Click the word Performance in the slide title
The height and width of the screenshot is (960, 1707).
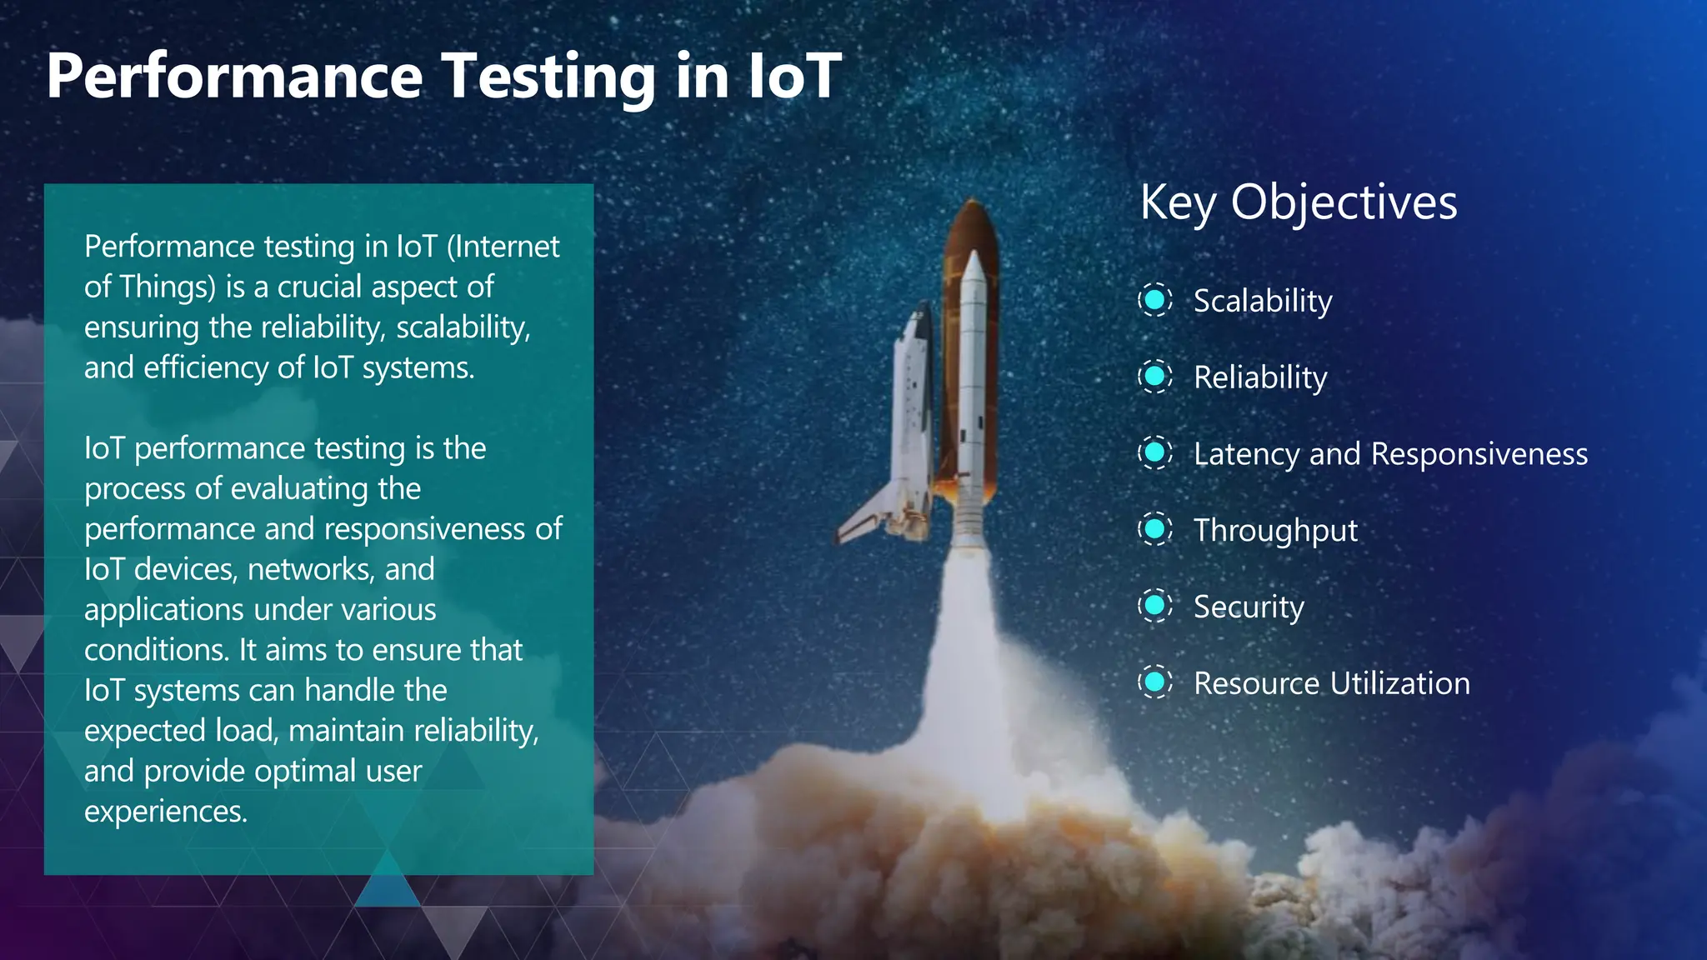(235, 77)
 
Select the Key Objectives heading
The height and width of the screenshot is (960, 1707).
(1298, 202)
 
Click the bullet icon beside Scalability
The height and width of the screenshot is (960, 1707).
(1155, 299)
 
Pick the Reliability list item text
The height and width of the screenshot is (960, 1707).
(1259, 377)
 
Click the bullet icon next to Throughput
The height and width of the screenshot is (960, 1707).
(1155, 529)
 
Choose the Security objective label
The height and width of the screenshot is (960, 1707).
(1248, 607)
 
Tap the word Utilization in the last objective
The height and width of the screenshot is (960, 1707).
(1400, 683)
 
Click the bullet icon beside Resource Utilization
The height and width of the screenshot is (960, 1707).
(1155, 682)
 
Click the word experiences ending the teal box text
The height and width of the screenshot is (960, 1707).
(165, 811)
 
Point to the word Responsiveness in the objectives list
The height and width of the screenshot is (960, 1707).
(1479, 454)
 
